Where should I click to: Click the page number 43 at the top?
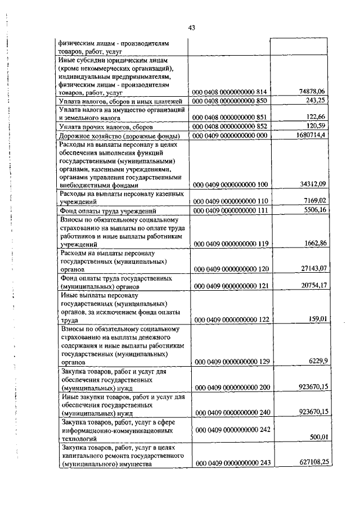[191, 28]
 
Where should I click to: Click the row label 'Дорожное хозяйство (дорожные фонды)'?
[119, 137]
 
